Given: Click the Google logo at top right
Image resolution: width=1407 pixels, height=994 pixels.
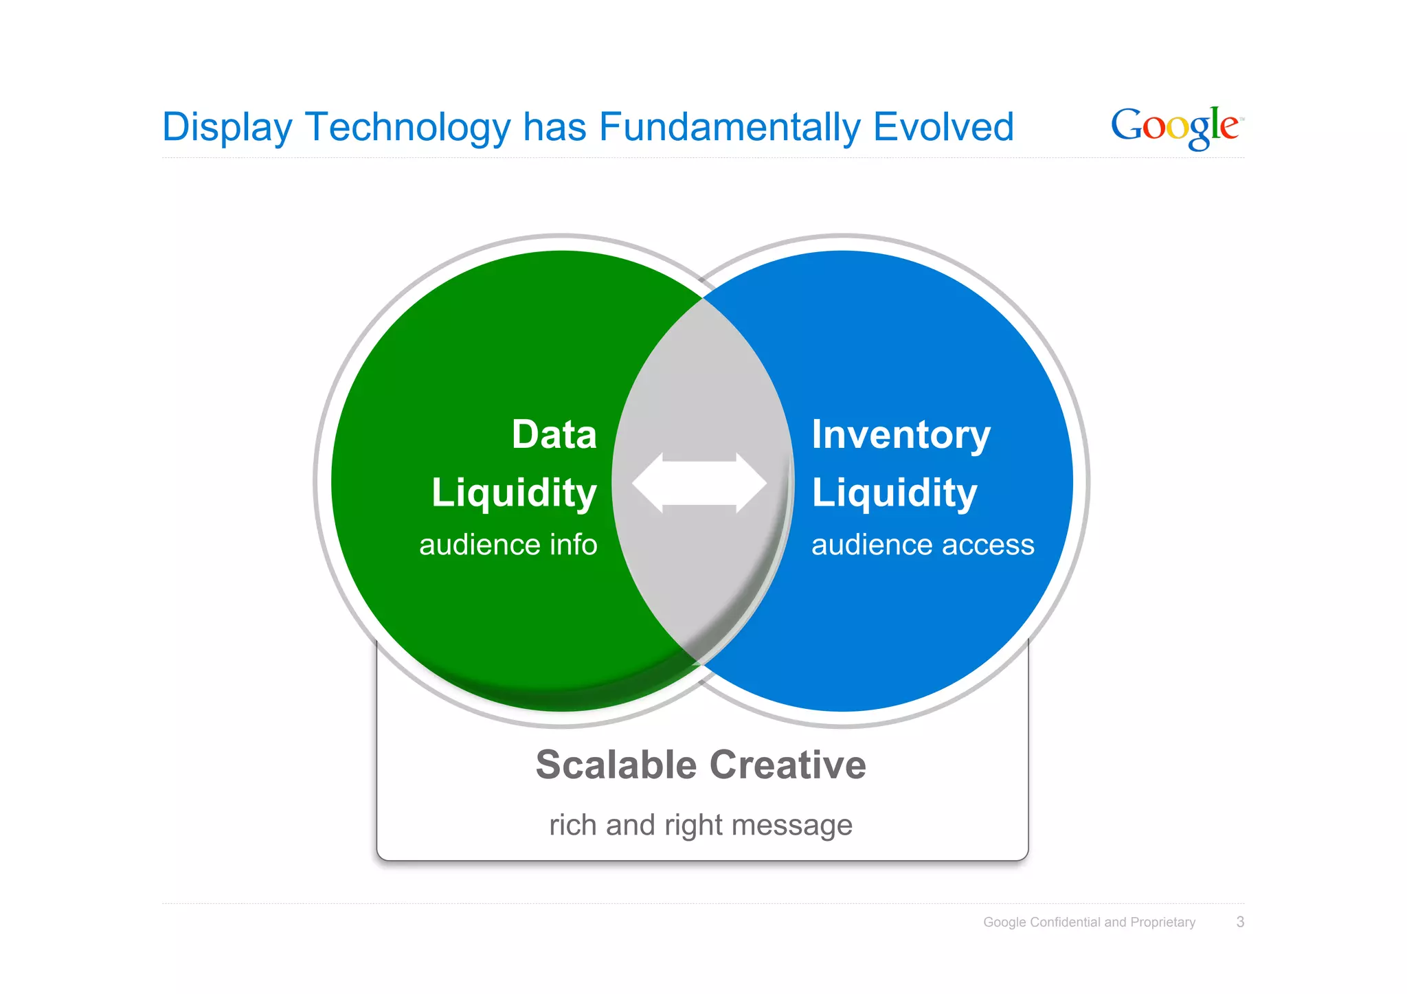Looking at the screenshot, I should pyautogui.click(x=1176, y=127).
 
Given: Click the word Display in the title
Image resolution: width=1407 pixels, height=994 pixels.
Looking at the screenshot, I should pyautogui.click(x=227, y=128).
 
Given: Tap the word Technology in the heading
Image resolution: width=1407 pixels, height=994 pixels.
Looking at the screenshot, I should pyautogui.click(x=408, y=128).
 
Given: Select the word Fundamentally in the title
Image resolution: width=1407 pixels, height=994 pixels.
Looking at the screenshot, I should pyautogui.click(x=730, y=127).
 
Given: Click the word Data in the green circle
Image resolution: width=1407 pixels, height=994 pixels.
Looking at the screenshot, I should pyautogui.click(x=554, y=435).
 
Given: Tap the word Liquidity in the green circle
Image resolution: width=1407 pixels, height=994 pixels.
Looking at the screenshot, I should pyautogui.click(x=514, y=493).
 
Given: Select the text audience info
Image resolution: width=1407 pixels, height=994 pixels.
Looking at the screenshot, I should pyautogui.click(x=508, y=545).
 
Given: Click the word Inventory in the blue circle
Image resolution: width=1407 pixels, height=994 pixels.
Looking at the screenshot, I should pyautogui.click(x=901, y=435).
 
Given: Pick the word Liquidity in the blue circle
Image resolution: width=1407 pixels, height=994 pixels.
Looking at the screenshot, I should pyautogui.click(x=894, y=493).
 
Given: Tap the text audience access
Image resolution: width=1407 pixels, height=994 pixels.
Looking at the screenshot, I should pyautogui.click(x=922, y=545).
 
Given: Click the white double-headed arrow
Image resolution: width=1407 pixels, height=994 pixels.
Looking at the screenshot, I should pyautogui.click(x=699, y=483).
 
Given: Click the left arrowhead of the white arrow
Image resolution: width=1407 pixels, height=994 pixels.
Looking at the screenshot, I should pyautogui.click(x=648, y=483).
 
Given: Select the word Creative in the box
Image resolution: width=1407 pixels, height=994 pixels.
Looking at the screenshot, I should pyautogui.click(x=787, y=765).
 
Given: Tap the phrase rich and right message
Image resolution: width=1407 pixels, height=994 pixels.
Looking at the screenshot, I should pyautogui.click(x=700, y=825).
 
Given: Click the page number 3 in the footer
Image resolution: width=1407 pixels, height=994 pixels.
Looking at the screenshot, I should pyautogui.click(x=1240, y=922).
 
